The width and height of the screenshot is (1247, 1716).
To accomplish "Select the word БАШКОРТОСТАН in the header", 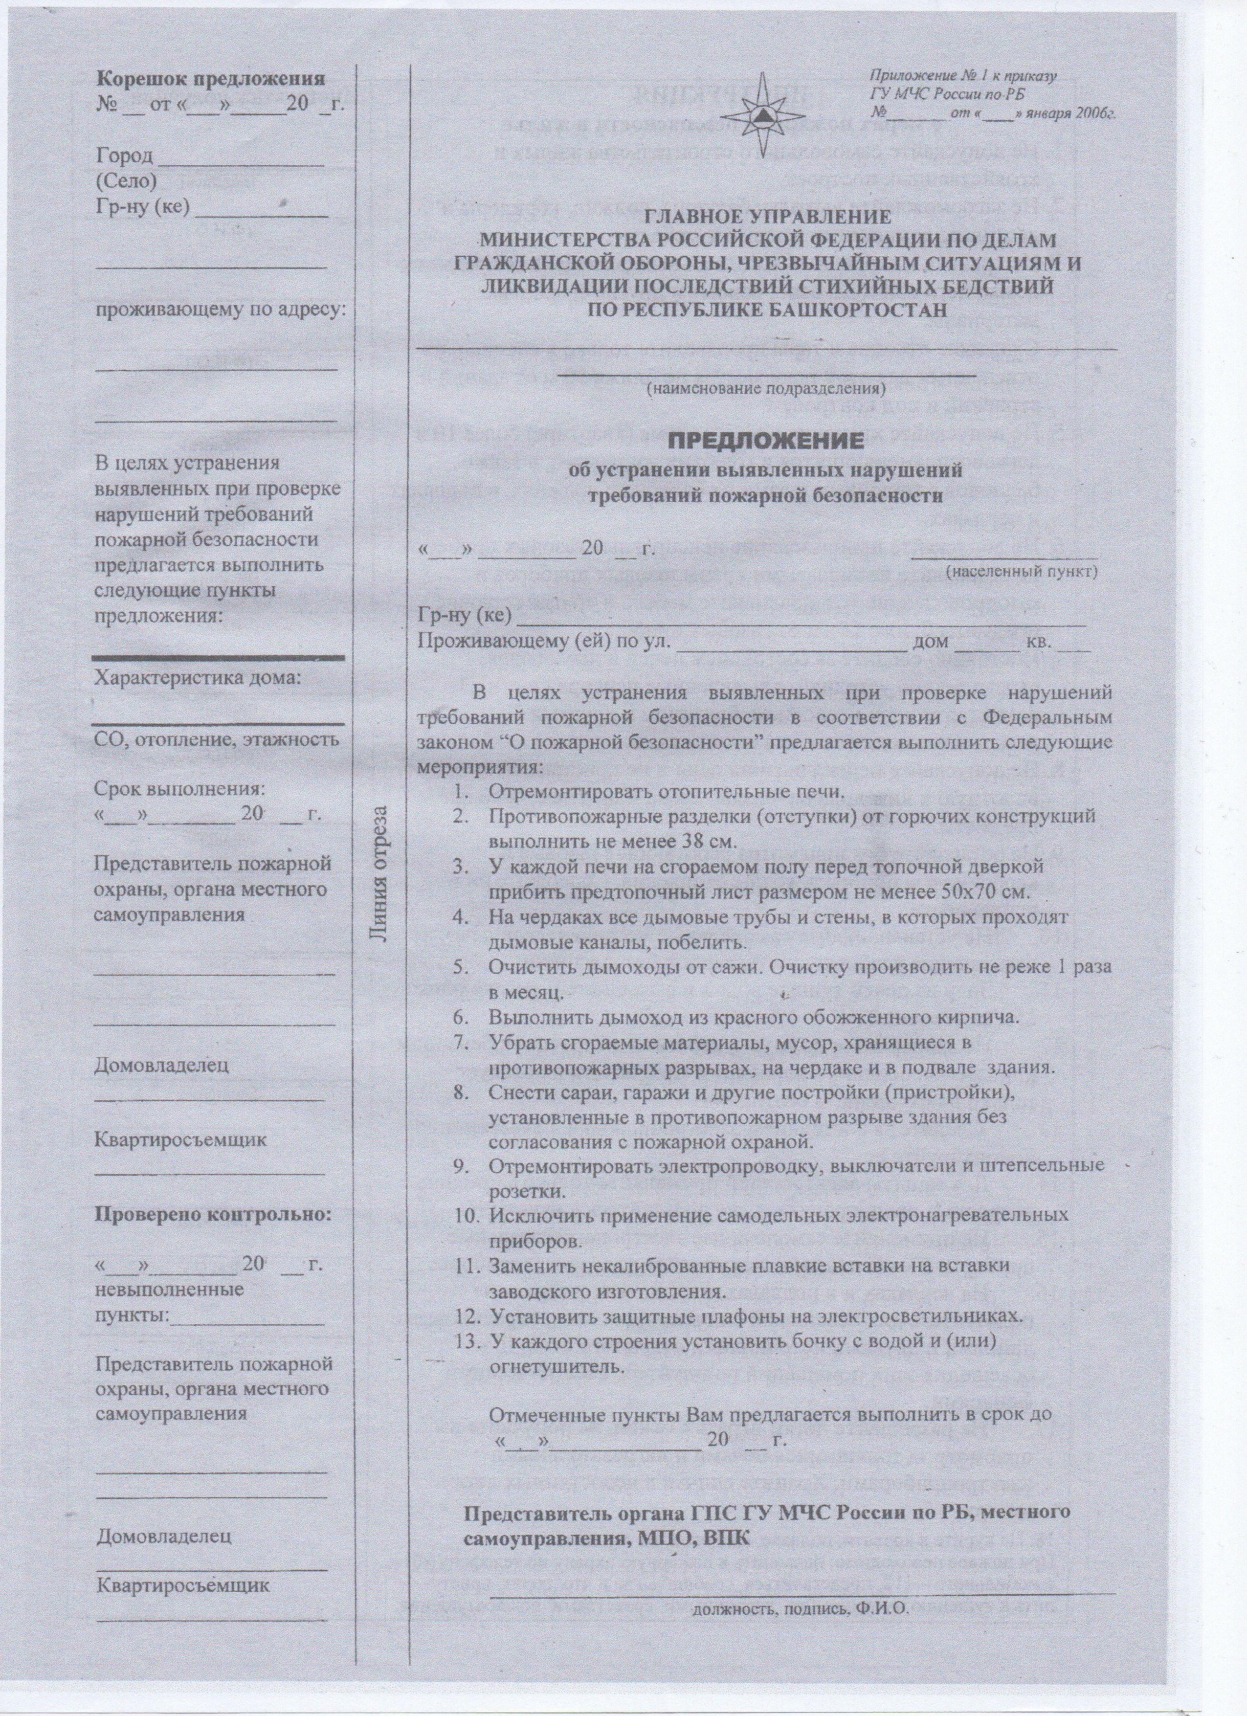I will click(x=849, y=310).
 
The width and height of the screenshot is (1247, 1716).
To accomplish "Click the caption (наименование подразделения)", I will click(x=765, y=390).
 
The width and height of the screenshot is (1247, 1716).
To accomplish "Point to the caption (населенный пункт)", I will click(x=1022, y=572).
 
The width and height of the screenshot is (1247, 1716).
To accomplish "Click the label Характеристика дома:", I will click(x=198, y=677).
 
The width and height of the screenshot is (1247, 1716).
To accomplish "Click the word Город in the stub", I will click(x=125, y=156).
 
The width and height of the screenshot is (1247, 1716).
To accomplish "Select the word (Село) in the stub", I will click(x=126, y=181).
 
